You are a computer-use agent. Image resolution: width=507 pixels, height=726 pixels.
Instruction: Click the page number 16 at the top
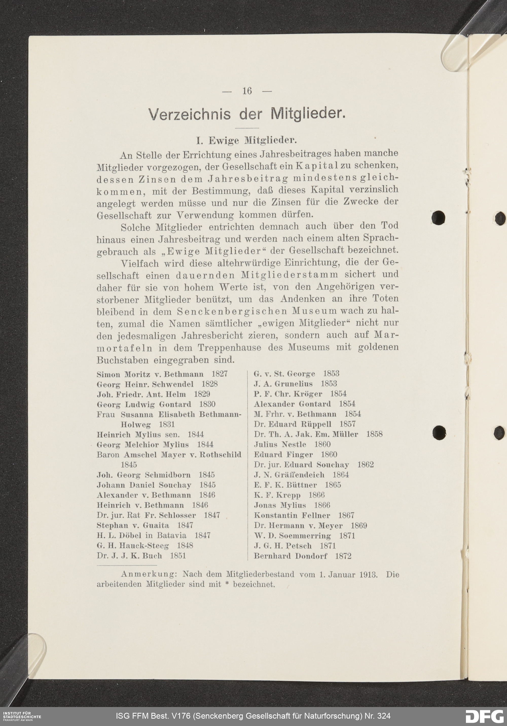tap(247, 91)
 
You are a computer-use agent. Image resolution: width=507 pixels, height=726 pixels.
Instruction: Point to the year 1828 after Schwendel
tap(210, 384)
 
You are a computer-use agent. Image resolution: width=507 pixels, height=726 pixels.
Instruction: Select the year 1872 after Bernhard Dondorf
tap(343, 556)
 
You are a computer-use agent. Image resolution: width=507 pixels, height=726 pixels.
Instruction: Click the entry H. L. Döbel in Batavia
tap(141, 535)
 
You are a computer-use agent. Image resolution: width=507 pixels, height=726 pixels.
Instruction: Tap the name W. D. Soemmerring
tap(292, 536)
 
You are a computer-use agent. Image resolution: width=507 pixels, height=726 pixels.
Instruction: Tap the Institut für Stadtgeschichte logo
tap(21, 716)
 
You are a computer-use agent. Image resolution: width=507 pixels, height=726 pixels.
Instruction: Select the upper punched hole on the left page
tap(438, 218)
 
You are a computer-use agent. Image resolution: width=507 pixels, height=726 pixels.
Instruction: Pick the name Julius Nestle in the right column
tap(280, 444)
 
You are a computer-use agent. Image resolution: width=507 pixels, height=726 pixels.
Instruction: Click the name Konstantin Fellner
tap(292, 515)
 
